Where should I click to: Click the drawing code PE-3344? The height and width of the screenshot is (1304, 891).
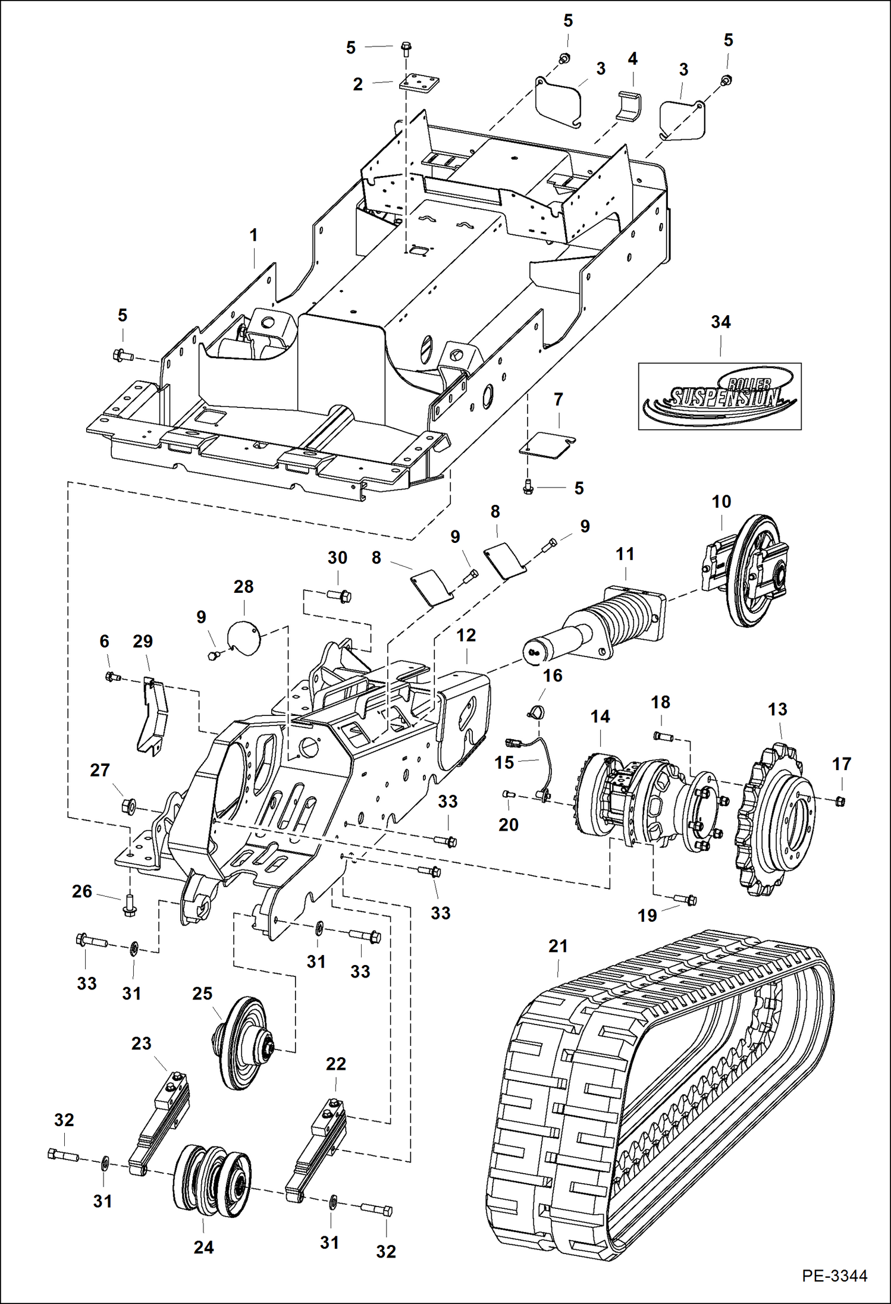(x=834, y=1275)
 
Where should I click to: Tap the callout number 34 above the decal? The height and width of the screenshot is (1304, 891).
(x=720, y=322)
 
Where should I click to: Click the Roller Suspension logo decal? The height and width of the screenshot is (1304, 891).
(x=720, y=396)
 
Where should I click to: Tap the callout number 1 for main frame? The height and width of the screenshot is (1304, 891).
(x=253, y=235)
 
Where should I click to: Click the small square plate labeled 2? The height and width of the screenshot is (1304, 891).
(x=418, y=82)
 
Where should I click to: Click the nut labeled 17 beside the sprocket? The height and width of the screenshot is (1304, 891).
(x=840, y=801)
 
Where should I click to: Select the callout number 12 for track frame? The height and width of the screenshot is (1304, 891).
(x=466, y=635)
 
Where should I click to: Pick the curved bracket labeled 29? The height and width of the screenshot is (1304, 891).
(x=153, y=717)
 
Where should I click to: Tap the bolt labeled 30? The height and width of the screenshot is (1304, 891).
(x=340, y=595)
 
